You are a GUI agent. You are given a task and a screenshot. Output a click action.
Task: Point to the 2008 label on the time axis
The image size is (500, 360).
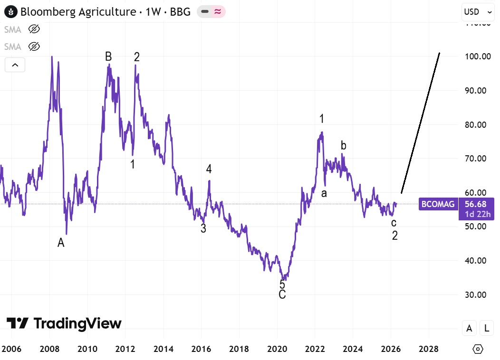[x=49, y=349]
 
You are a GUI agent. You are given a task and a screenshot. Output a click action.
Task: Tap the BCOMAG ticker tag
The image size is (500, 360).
[x=437, y=205]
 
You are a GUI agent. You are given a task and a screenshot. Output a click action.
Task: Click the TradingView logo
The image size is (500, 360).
[x=64, y=324]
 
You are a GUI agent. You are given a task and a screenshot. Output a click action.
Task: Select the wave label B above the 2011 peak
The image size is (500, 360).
[x=108, y=57]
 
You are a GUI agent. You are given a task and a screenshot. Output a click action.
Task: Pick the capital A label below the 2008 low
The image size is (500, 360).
[x=61, y=243]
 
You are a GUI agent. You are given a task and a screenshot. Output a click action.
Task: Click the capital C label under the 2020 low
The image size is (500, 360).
[x=282, y=294]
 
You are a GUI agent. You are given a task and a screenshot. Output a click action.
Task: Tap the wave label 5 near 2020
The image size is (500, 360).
[x=282, y=284]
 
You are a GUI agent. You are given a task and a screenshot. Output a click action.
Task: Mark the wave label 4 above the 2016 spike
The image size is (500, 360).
[x=208, y=169]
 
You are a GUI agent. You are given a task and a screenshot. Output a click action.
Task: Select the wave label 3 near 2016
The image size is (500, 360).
[x=203, y=228]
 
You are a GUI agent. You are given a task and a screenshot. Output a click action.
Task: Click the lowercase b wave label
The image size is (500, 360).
[x=343, y=145]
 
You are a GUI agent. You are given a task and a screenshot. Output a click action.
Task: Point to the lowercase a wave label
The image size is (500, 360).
[x=324, y=193]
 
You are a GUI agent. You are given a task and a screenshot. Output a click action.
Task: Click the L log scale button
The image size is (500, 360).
[x=486, y=328]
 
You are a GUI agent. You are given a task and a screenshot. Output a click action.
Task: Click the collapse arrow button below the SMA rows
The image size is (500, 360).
[x=15, y=65]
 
